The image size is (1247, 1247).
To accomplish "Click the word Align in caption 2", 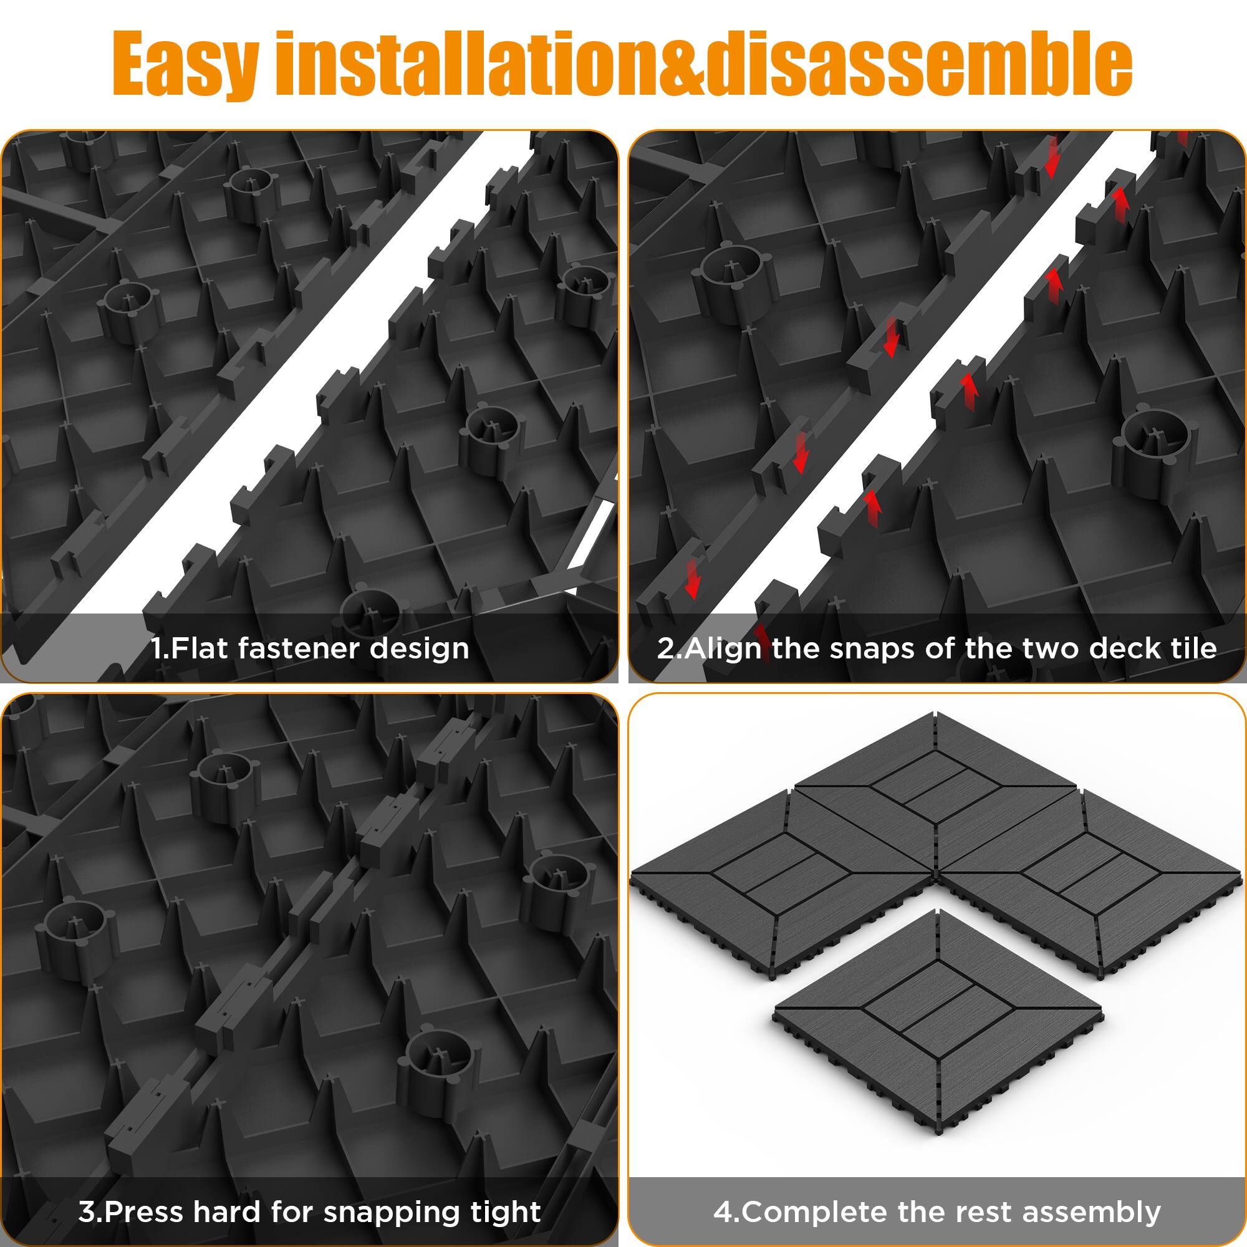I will coord(722,648).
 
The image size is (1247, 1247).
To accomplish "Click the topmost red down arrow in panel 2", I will coord(1052,158).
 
